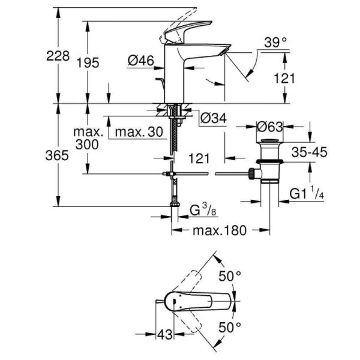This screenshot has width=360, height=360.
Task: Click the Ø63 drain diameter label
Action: pyautogui.click(x=270, y=127)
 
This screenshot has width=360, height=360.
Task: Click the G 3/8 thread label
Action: pyautogui.click(x=205, y=211)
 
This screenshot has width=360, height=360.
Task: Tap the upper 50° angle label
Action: pyautogui.click(x=230, y=276)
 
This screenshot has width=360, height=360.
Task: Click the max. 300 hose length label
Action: pyautogui.click(x=89, y=137)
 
